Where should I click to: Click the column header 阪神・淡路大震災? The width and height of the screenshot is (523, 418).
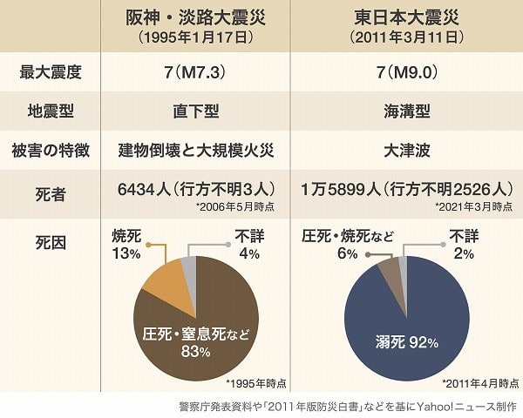[196, 17]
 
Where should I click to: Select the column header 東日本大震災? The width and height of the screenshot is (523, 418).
[406, 17]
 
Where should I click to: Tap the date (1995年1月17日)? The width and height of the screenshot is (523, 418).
[196, 37]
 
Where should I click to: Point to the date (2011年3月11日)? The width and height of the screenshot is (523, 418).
[406, 37]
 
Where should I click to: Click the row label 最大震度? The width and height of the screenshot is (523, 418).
[51, 72]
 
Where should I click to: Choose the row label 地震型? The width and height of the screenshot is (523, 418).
[51, 111]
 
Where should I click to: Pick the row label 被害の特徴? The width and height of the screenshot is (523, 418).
[51, 151]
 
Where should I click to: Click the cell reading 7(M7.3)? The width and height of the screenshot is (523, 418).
[195, 72]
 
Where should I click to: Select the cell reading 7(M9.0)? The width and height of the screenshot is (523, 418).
[406, 72]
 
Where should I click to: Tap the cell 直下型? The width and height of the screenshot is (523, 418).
[196, 111]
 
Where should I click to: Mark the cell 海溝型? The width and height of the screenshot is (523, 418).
[406, 111]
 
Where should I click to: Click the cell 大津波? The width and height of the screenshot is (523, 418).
[406, 151]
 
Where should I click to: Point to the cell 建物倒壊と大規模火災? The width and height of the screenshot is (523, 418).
[196, 151]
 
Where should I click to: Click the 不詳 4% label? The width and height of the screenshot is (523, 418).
[249, 245]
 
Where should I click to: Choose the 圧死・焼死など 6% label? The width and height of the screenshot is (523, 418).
[348, 245]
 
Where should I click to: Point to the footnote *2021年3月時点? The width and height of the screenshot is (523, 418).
[473, 206]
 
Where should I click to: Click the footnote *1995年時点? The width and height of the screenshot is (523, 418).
[255, 383]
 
